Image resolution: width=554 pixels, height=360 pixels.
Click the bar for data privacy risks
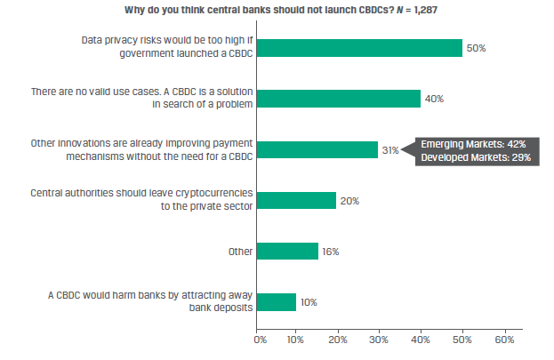[360, 48]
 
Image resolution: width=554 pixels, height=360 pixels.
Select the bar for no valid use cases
[339, 99]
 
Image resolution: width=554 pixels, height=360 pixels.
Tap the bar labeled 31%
[320, 150]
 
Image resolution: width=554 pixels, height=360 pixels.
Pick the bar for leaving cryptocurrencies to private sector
[297, 201]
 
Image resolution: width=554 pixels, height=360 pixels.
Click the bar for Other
[288, 252]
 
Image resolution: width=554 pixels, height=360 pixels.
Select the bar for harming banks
[277, 302]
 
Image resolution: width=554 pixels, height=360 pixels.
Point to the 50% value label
[477, 48]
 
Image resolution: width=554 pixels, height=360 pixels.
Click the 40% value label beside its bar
[435, 99]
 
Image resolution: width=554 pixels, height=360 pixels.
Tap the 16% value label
[330, 252]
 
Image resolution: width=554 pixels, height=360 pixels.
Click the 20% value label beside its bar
[349, 201]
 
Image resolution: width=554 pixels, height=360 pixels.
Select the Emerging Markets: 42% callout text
[473, 144]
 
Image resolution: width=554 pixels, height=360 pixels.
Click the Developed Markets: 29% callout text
[473, 157]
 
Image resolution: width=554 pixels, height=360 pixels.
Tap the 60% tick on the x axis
[504, 339]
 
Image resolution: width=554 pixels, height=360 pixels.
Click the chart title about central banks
[267, 10]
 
